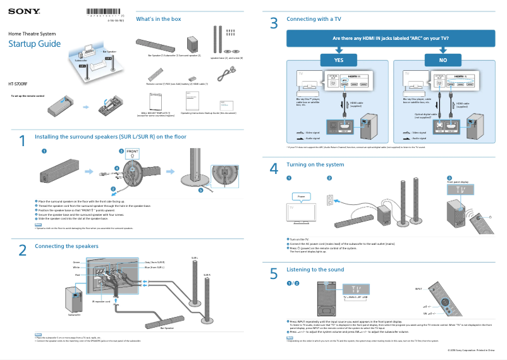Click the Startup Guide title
click(x=34, y=44)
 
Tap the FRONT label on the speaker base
click(x=132, y=152)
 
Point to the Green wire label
click(x=76, y=261)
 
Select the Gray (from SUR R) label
click(x=155, y=261)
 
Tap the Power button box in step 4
click(x=301, y=197)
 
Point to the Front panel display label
click(x=458, y=182)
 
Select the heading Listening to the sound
click(x=315, y=270)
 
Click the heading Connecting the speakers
click(x=67, y=245)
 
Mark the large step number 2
click(x=22, y=251)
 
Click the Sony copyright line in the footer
click(x=471, y=349)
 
